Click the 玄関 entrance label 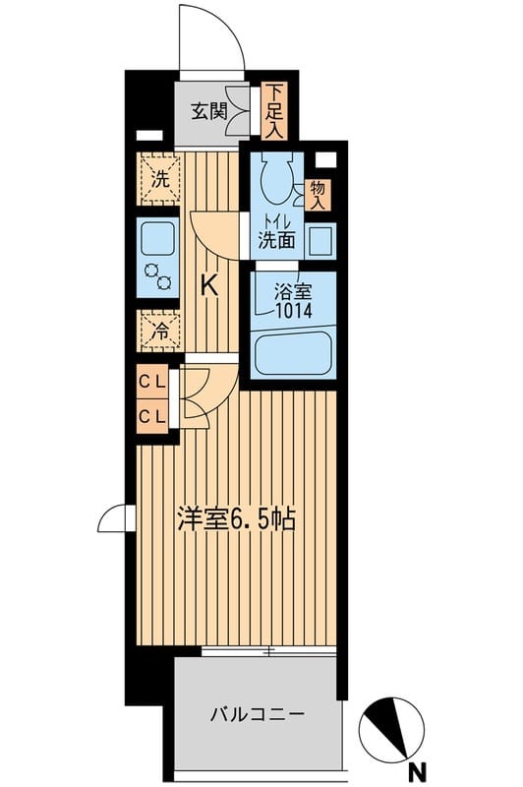coord(209,110)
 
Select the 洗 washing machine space coord(157,180)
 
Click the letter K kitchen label coord(209,286)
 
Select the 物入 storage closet coord(319,192)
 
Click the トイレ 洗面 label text coord(277,230)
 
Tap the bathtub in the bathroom coord(292,354)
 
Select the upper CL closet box coord(151,381)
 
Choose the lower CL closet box coord(151,415)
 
